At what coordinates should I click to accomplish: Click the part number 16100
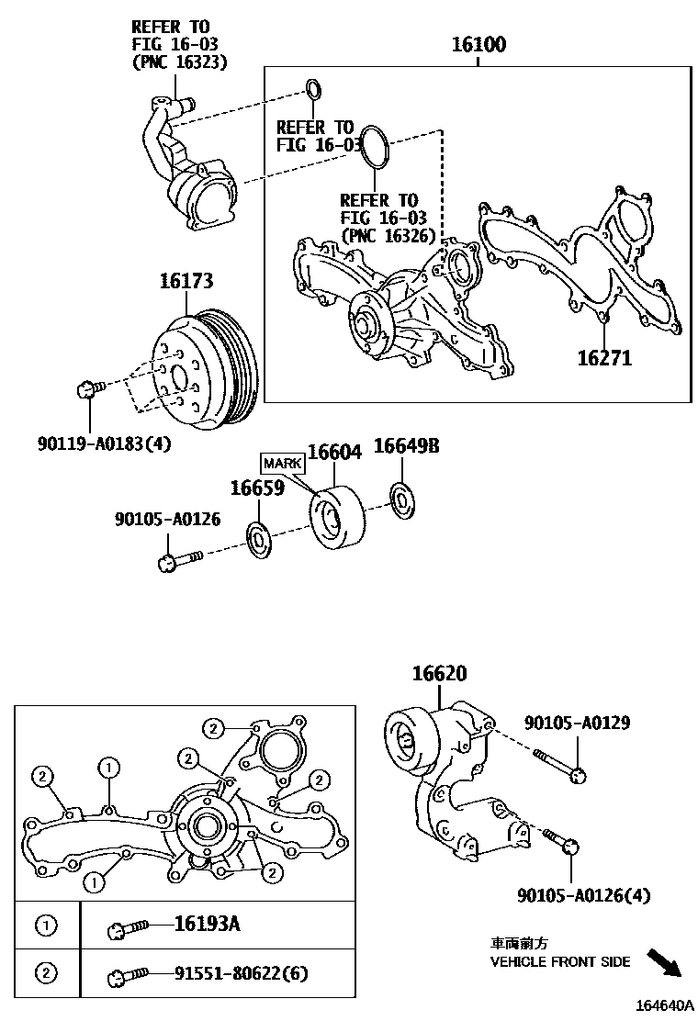pyautogui.click(x=478, y=44)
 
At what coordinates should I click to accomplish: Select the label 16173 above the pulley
pyautogui.click(x=186, y=281)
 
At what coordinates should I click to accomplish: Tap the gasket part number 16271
pyautogui.click(x=604, y=357)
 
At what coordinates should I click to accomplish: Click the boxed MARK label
pyautogui.click(x=283, y=463)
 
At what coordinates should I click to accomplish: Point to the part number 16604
pyautogui.click(x=334, y=451)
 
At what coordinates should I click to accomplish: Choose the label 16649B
pyautogui.click(x=406, y=445)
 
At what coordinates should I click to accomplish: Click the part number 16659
pyautogui.click(x=258, y=488)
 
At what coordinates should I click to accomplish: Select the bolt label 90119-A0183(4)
pyautogui.click(x=104, y=444)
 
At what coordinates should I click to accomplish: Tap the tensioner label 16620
pyautogui.click(x=440, y=673)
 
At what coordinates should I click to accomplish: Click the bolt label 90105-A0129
pyautogui.click(x=578, y=723)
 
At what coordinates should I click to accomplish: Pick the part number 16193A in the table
pyautogui.click(x=207, y=924)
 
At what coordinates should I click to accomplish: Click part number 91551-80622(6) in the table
pyautogui.click(x=241, y=973)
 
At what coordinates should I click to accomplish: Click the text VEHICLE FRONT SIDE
pyautogui.click(x=560, y=961)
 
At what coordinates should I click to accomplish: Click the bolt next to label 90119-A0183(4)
pyautogui.click(x=90, y=389)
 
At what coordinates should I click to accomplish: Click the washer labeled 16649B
pyautogui.click(x=402, y=500)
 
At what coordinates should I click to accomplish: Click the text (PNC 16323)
pyautogui.click(x=179, y=62)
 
